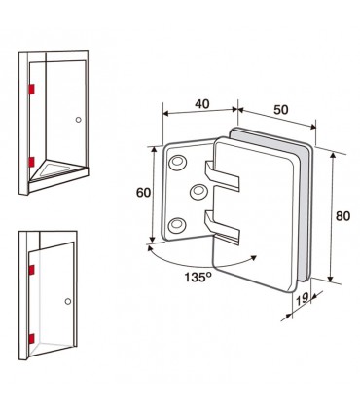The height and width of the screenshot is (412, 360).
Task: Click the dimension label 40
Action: pos(202,104)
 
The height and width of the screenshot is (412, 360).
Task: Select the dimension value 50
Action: pos(281,110)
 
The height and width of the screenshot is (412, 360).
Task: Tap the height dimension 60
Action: pos(143,193)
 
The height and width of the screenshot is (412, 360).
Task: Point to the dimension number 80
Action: pos(342,216)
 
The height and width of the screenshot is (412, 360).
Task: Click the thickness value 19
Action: pos(303,298)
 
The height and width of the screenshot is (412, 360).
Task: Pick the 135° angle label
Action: pos(198,277)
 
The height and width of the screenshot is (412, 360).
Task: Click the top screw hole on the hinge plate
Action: pos(177,162)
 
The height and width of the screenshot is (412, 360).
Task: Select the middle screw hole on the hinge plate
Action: pos(198,191)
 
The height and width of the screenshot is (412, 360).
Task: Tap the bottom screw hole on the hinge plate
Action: pos(177,224)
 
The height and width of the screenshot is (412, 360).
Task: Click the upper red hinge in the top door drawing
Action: pos(31,89)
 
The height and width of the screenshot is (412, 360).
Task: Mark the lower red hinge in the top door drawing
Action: pos(31,162)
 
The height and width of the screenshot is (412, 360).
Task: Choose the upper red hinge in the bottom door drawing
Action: pos(31,270)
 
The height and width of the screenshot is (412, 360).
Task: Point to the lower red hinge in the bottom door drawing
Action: pos(31,338)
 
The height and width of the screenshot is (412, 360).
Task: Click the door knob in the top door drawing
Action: pos(78,120)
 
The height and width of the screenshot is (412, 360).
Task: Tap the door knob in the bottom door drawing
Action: pos(68,301)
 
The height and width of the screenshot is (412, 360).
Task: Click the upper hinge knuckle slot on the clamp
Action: pos(222,176)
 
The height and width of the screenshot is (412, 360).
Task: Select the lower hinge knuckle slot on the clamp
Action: pos(222,227)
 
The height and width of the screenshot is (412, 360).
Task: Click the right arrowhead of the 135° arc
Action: pos(253,258)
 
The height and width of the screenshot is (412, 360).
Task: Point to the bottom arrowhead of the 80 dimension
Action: pos(331,279)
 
